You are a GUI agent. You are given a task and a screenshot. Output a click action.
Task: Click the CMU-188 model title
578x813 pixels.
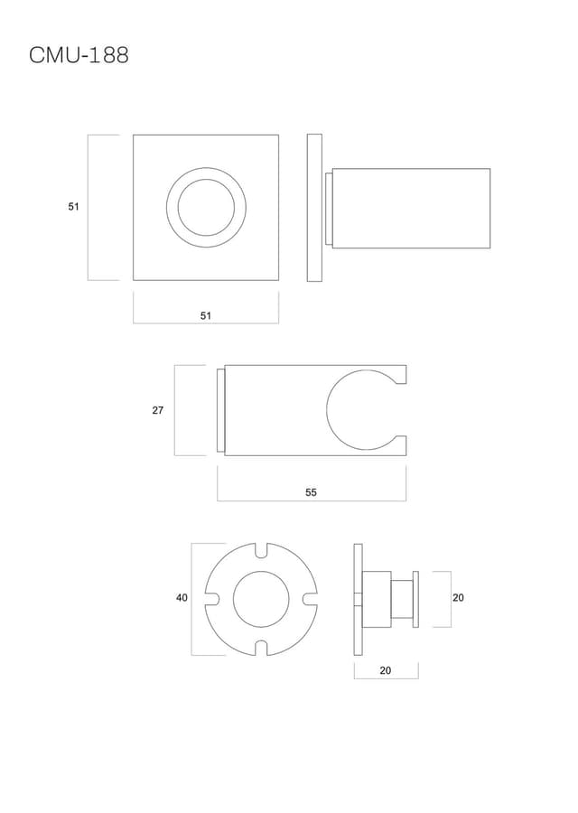pyautogui.click(x=79, y=55)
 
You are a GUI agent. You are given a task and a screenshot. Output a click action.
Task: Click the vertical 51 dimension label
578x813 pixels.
pyautogui.click(x=74, y=206)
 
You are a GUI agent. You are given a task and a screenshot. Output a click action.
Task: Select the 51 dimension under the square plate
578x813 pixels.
pyautogui.click(x=206, y=315)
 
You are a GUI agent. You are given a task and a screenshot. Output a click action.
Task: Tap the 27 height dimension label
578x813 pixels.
pyautogui.click(x=157, y=410)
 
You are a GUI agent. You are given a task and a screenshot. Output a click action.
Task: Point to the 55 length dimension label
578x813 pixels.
pyautogui.click(x=311, y=492)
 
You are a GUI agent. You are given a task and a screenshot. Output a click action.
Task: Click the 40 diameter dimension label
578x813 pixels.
pyautogui.click(x=182, y=598)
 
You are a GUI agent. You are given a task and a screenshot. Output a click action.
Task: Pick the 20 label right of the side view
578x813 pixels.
pyautogui.click(x=458, y=598)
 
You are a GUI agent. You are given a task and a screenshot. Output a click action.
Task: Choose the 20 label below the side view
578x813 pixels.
pyautogui.click(x=385, y=670)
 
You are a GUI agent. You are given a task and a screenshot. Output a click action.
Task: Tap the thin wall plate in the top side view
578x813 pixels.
pyautogui.click(x=314, y=208)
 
